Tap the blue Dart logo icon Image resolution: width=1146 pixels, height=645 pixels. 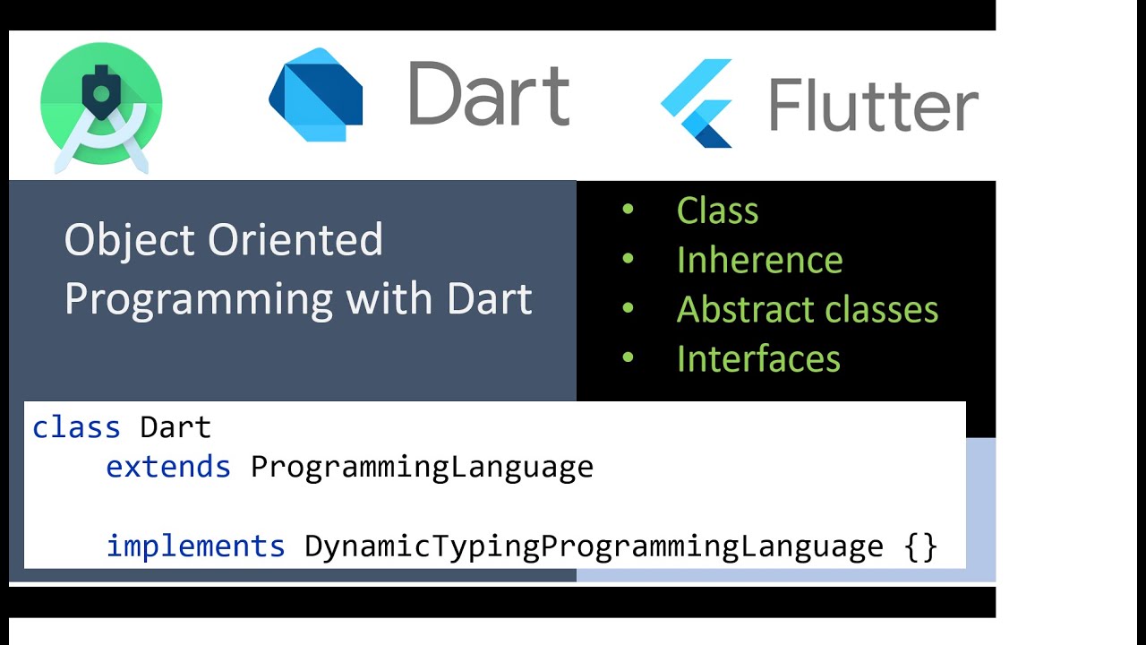(316, 94)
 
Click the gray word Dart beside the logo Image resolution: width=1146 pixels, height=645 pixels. (489, 93)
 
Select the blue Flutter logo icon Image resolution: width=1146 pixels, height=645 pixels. (697, 103)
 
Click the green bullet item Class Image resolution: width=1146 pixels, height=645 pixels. (717, 211)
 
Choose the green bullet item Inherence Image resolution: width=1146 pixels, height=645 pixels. (759, 260)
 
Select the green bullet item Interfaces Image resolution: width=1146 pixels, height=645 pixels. (758, 358)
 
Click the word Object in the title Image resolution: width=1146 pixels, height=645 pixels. (130, 240)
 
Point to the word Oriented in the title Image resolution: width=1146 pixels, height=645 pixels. (295, 240)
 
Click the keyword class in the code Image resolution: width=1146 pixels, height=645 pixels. (76, 427)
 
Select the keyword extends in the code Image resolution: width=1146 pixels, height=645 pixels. (168, 467)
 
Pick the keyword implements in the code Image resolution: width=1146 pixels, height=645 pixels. (195, 546)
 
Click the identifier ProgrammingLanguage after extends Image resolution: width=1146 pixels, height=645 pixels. (422, 467)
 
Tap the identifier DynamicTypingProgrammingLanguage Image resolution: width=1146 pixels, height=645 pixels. (594, 546)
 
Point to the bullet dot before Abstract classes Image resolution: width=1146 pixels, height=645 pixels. (628, 308)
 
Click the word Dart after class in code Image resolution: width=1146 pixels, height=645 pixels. (175, 427)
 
